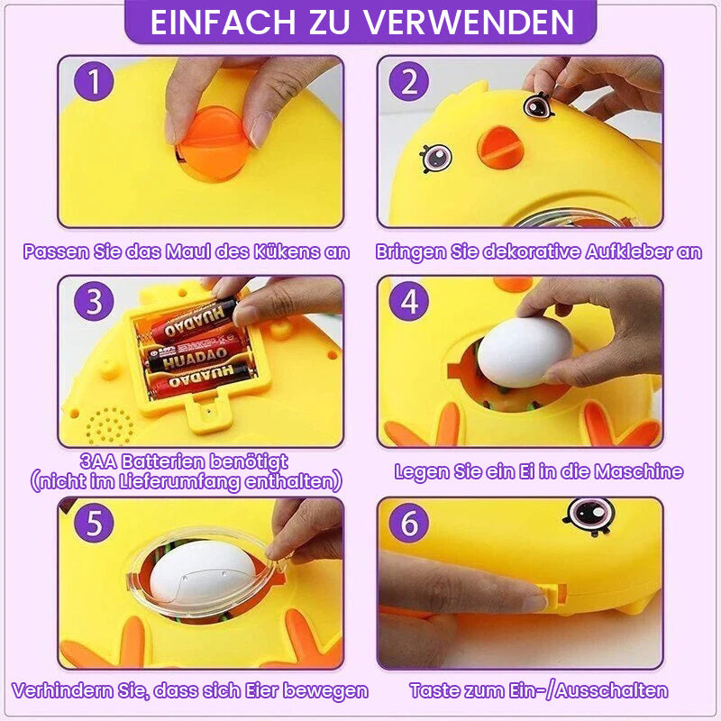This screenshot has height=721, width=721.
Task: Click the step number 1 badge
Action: (94, 81)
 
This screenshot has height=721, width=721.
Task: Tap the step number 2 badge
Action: (409, 81)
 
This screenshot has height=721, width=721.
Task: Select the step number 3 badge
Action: (94, 301)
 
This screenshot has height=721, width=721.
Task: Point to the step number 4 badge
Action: (409, 301)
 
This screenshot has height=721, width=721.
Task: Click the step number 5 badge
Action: (94, 523)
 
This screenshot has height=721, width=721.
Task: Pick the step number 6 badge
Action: (409, 523)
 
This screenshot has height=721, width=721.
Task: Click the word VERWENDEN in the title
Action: (469, 22)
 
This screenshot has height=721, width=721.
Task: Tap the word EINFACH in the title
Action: (223, 22)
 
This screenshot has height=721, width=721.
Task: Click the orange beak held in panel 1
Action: (214, 143)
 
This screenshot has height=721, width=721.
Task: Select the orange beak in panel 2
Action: (500, 147)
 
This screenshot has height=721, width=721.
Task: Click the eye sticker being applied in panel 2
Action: (537, 105)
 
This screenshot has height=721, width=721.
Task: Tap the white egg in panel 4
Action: (525, 351)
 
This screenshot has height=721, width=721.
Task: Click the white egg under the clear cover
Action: (202, 571)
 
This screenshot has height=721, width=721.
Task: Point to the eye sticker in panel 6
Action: (589, 516)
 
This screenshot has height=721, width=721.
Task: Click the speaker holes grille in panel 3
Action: (109, 425)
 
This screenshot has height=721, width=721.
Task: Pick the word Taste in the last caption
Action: (434, 690)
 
